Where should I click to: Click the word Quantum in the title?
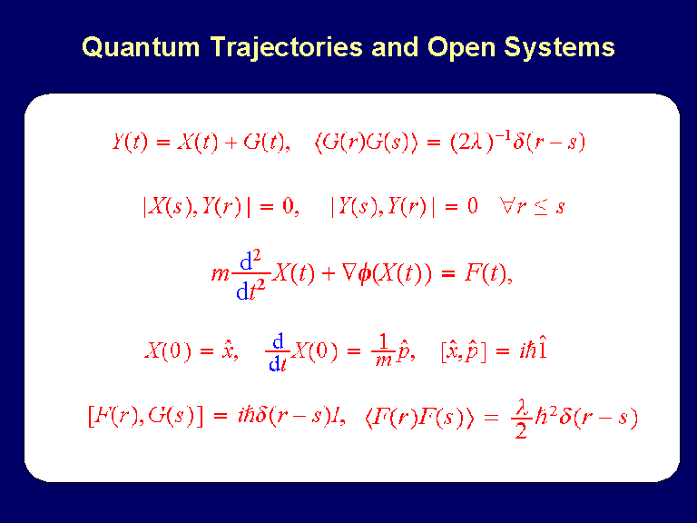point(141,46)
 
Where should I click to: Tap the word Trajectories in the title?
point(287,48)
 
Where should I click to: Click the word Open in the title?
point(461,48)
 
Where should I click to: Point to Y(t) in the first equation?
point(130,143)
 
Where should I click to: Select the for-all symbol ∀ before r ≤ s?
point(507,206)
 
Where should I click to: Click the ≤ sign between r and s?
point(541,207)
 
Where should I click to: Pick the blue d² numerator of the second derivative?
point(250,261)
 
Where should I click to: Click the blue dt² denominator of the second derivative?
point(250,290)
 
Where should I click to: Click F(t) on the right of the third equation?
point(486,273)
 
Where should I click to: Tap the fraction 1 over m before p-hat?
point(383,350)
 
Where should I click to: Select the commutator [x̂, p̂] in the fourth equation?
point(463,351)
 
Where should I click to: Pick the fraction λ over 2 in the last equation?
point(521,419)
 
